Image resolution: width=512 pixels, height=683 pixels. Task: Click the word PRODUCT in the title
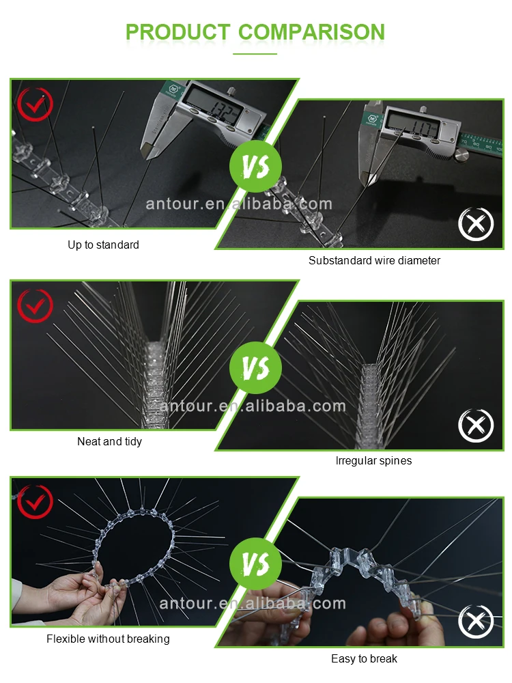pos(177,32)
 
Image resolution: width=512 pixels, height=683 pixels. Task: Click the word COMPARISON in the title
pos(312,32)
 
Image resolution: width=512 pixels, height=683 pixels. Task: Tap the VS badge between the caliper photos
pos(255,167)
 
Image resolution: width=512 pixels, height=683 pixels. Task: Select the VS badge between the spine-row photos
pos(255,367)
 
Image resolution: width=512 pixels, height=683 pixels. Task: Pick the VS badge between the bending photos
pos(255,563)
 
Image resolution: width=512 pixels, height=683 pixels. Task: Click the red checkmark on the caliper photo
pos(35,104)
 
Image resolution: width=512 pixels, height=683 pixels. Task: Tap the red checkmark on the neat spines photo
pos(35,305)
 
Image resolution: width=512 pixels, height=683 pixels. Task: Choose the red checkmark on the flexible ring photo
pos(35,501)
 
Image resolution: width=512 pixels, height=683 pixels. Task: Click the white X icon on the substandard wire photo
pos(476,224)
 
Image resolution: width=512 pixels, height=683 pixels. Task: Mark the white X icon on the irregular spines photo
pos(476,426)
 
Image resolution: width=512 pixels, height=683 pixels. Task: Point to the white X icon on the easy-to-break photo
pos(476,622)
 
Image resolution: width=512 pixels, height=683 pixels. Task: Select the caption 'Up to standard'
pos(103,245)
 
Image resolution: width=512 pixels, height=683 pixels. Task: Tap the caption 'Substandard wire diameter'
pos(374,260)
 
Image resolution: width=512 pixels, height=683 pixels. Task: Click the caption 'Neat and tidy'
pos(109,442)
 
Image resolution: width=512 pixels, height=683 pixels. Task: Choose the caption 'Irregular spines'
pos(373,461)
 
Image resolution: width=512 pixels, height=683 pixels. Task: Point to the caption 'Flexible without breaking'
pos(108,639)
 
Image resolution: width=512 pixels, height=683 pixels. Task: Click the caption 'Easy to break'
pos(364,658)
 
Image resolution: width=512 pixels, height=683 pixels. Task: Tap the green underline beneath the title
pos(255,54)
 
